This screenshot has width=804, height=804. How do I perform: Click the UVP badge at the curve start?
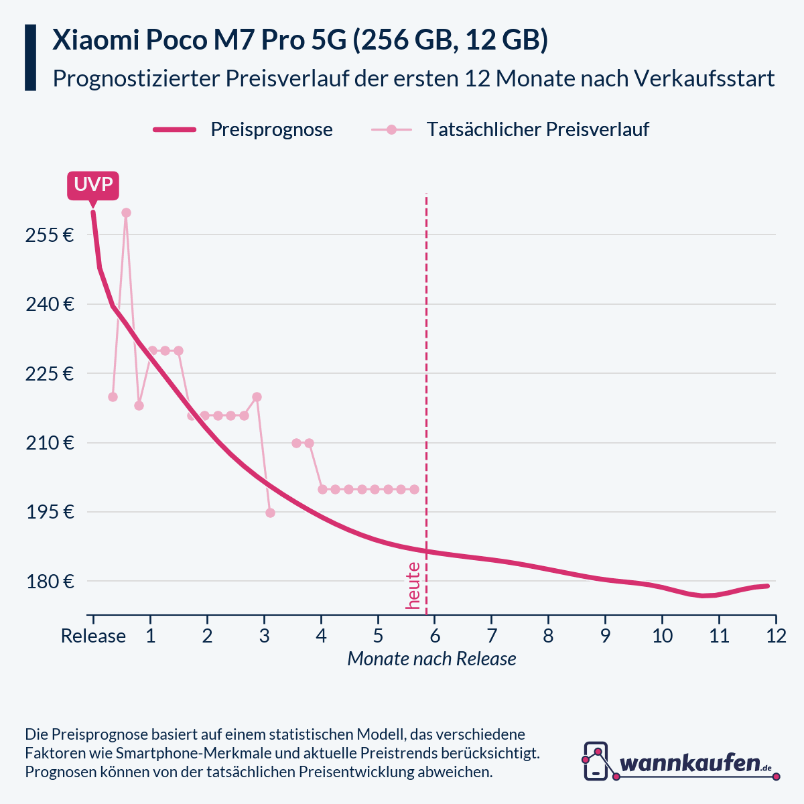point(93,185)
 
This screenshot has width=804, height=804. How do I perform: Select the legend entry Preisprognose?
point(271,129)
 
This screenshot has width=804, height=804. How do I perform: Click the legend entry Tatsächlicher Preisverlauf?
point(537,129)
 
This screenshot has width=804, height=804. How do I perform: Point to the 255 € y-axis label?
point(50,235)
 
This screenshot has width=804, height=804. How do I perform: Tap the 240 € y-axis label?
point(50,304)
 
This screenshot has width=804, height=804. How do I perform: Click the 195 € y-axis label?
point(50,512)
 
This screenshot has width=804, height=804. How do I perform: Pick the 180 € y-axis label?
point(50,582)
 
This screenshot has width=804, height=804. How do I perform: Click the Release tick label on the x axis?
point(93,636)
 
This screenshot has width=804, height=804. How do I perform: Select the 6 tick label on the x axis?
point(435,636)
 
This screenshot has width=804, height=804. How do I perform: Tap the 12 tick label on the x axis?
point(776,636)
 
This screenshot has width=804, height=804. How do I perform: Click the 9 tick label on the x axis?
point(605,636)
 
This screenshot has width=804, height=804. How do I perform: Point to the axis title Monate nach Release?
point(431,659)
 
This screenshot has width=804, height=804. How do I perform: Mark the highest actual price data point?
point(126,212)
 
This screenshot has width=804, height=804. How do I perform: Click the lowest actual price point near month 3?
point(270,513)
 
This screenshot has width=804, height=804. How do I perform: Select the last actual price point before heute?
point(414,489)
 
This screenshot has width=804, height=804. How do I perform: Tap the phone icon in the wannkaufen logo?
point(596,760)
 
